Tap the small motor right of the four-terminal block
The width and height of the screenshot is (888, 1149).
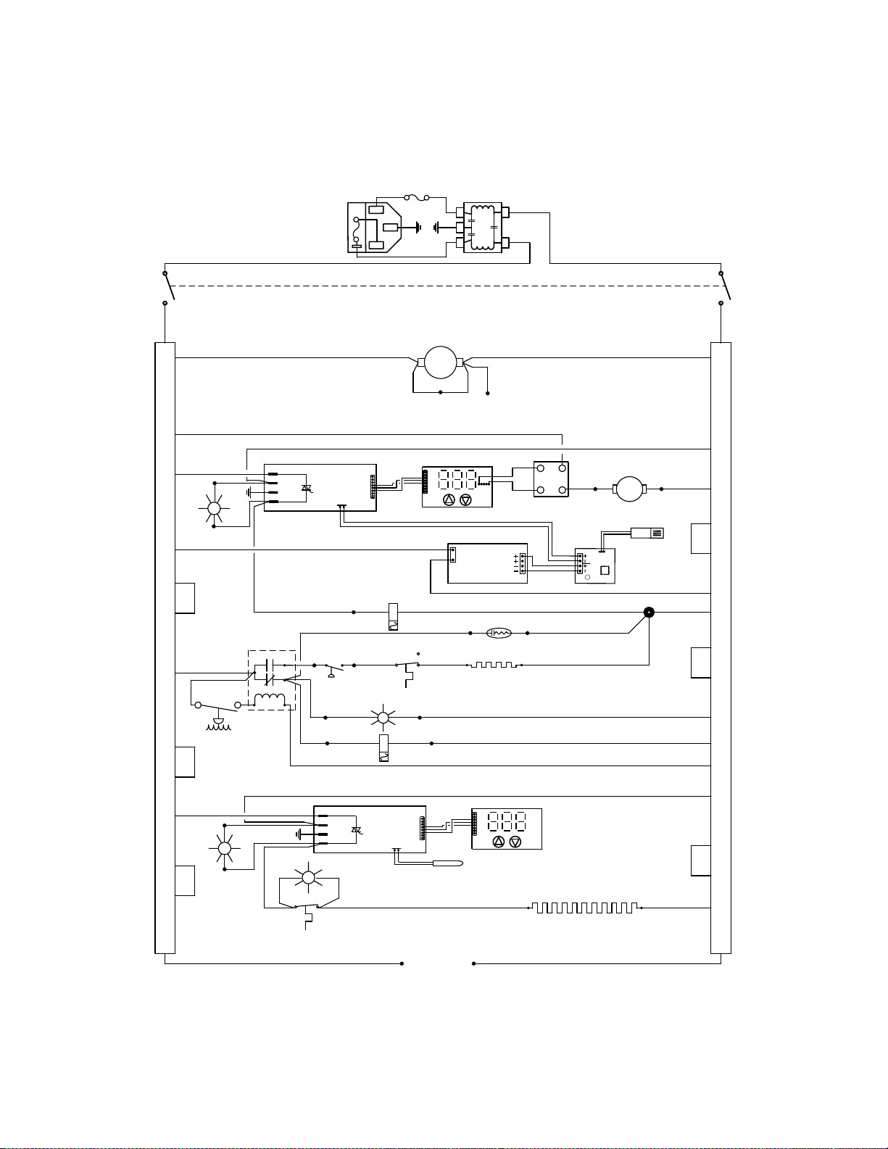628,489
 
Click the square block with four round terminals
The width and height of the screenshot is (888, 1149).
551,479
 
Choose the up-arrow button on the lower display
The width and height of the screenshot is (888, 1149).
498,842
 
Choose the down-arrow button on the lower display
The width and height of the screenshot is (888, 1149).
515,842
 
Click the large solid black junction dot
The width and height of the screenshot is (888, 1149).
649,612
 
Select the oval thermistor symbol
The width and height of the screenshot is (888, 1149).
499,633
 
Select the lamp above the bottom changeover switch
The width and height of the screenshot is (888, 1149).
307,879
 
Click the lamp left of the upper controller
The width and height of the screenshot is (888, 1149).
214,508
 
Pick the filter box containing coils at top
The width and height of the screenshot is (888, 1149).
482,227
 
